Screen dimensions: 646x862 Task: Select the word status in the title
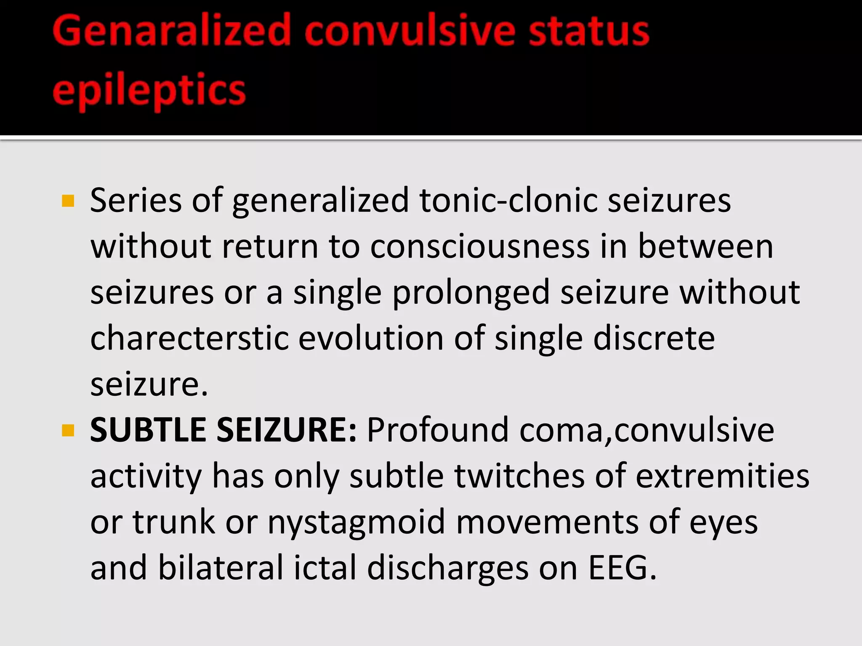[589, 30]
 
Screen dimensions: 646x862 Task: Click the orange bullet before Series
[68, 201]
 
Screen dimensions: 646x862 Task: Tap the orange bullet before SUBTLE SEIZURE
[68, 431]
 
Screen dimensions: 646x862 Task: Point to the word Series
[136, 201]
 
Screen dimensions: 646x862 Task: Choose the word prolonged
[471, 293]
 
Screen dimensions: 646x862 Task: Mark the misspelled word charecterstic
[189, 339]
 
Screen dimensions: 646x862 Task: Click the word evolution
[371, 339]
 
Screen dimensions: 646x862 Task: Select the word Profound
[438, 430]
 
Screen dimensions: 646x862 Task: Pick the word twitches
[519, 477]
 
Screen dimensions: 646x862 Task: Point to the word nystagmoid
[356, 523]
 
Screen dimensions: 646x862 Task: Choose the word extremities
[722, 477]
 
